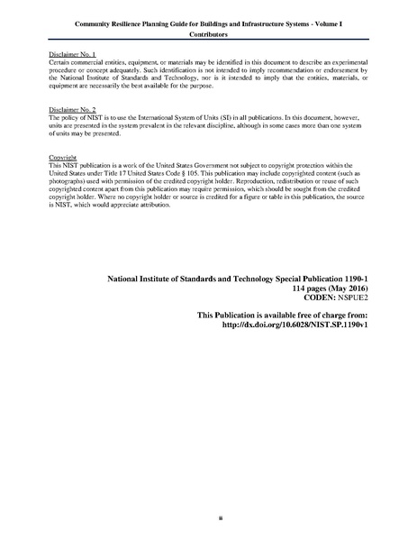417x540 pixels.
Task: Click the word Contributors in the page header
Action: (208, 34)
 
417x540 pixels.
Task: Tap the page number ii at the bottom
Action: (208, 518)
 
